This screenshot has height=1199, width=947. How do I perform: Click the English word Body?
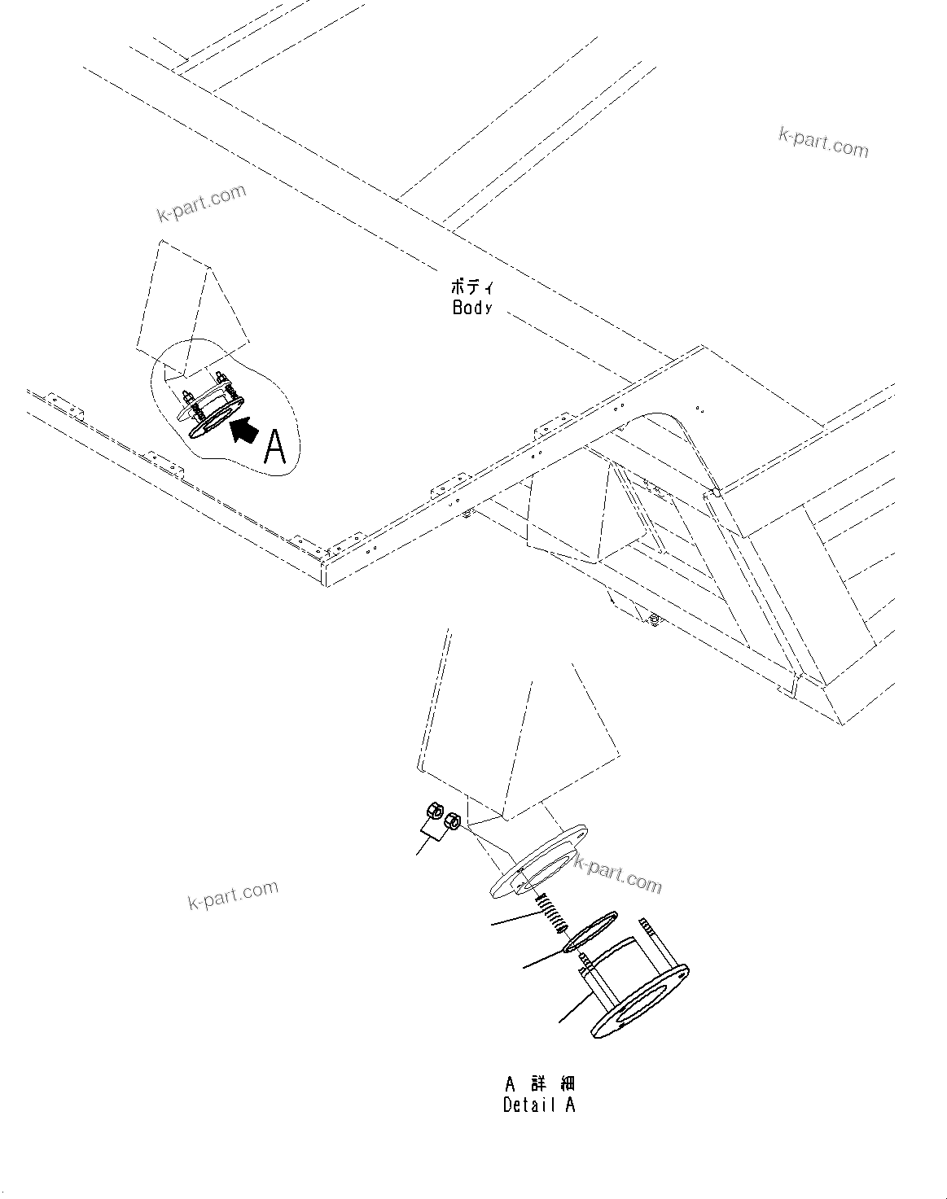(472, 307)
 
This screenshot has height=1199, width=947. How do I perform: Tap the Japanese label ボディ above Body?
(471, 287)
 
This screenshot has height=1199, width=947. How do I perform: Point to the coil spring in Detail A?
(551, 914)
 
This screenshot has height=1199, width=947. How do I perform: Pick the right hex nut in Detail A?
(454, 820)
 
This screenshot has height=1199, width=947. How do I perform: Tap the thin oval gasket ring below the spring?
(591, 932)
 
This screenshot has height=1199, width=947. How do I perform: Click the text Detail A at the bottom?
(539, 1105)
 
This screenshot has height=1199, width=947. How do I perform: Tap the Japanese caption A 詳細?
(539, 1084)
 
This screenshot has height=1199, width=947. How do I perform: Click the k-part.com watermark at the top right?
(822, 142)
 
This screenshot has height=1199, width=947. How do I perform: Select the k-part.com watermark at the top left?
(201, 203)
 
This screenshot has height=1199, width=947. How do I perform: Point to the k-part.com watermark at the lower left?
(233, 895)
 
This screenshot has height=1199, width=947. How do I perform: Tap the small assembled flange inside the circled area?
(213, 407)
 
